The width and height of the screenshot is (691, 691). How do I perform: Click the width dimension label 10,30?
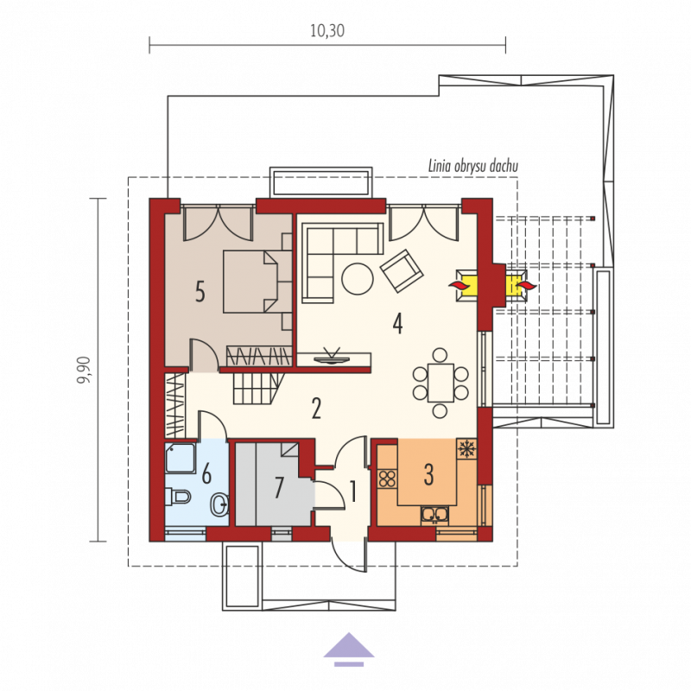click(x=327, y=30)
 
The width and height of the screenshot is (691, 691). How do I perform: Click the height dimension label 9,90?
click(x=84, y=370)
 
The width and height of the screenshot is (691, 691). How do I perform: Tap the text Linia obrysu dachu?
click(x=472, y=166)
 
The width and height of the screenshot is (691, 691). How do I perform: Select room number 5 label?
click(x=200, y=291)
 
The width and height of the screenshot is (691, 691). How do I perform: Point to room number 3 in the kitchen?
click(x=428, y=474)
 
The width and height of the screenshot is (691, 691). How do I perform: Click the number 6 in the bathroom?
click(x=206, y=473)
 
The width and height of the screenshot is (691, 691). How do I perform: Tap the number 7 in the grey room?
click(x=278, y=487)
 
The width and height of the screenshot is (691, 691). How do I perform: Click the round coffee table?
click(x=358, y=279)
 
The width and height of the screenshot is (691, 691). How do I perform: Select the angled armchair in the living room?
click(x=402, y=271)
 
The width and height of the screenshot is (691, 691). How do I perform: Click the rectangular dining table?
click(x=441, y=383)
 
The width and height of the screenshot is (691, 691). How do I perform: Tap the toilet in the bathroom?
click(x=178, y=498)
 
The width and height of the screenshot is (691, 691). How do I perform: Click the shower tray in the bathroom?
click(x=181, y=459)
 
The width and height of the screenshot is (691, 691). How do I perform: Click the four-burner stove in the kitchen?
click(x=387, y=479)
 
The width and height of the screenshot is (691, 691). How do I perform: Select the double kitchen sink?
click(x=434, y=514)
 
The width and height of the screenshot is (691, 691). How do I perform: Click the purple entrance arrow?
click(x=349, y=650)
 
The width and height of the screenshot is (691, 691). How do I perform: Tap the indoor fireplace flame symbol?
click(x=459, y=285)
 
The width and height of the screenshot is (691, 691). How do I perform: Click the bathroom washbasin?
click(x=220, y=505)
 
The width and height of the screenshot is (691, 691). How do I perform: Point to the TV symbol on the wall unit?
click(x=331, y=357)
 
